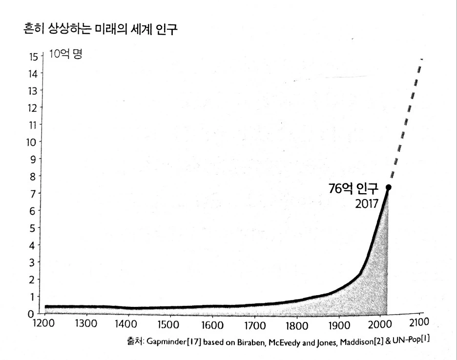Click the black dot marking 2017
click(x=389, y=187)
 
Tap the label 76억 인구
click(x=354, y=188)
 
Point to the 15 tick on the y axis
click(x=33, y=56)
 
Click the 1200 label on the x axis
click(x=44, y=323)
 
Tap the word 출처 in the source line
click(x=134, y=341)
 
